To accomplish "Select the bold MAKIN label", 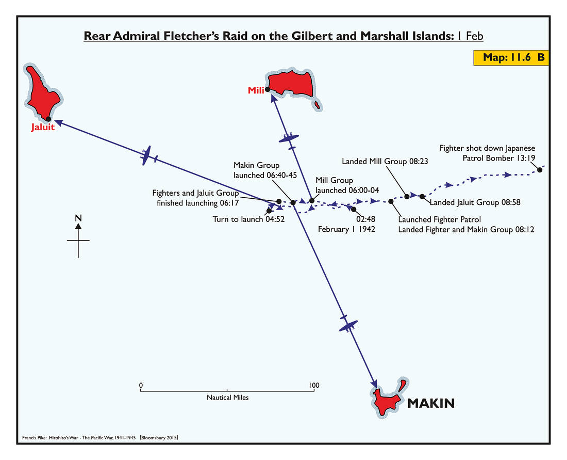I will (431, 403).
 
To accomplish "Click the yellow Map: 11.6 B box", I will (508, 57).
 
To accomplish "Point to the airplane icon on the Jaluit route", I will (147, 156).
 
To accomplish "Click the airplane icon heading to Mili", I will (289, 138).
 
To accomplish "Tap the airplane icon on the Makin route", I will (348, 325).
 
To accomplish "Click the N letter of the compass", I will (78, 218).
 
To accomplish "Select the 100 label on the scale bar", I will (313, 385).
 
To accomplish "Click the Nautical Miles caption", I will (227, 398).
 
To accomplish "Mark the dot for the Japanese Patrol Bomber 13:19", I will (540, 170).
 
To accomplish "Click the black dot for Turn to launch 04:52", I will (269, 211).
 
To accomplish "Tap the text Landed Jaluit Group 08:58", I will (475, 203).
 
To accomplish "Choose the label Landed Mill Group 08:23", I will (385, 162).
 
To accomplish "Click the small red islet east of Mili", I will (318, 105).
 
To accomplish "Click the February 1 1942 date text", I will (346, 229).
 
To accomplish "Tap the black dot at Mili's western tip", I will (268, 89).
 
